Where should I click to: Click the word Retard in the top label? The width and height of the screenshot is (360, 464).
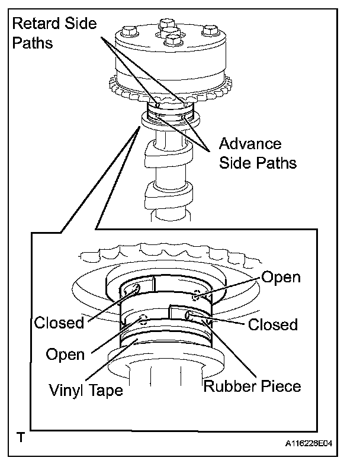[33, 24]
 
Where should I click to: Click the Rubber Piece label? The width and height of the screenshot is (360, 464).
[252, 386]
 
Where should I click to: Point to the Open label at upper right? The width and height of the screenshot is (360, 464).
[281, 277]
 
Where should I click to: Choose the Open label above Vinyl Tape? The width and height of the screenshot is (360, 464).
[65, 355]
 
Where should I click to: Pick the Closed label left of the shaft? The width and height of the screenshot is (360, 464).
[59, 323]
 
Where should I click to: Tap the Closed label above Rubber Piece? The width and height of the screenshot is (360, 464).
[272, 324]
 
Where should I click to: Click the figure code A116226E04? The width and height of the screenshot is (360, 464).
[317, 442]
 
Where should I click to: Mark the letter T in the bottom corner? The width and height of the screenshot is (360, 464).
[21, 439]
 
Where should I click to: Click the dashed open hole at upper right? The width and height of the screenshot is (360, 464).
[198, 295]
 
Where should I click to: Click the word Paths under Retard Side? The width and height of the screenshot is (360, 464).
[31, 44]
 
